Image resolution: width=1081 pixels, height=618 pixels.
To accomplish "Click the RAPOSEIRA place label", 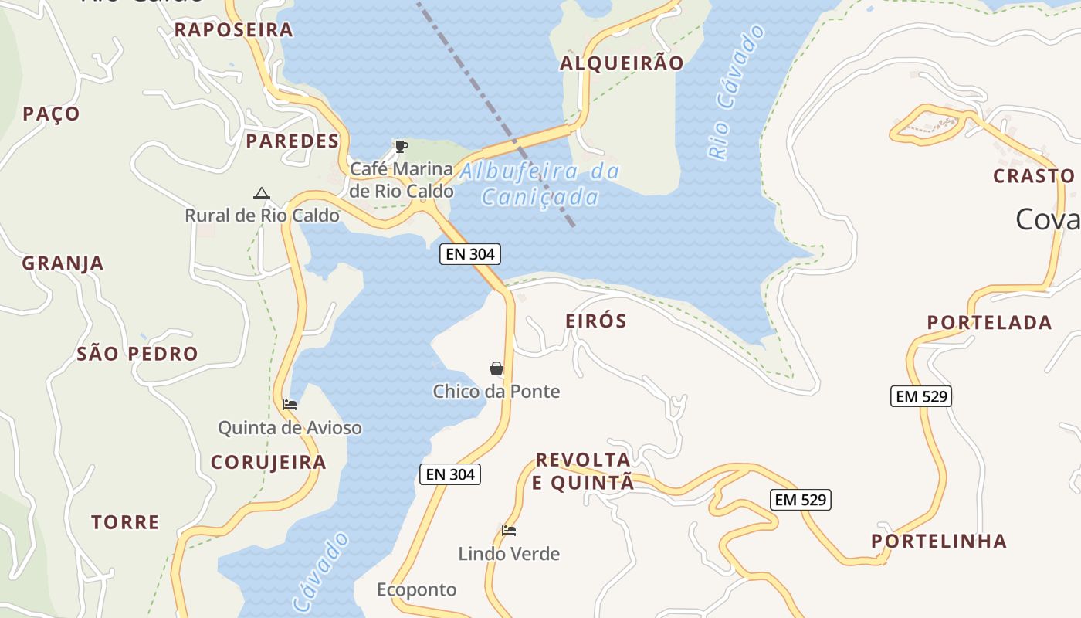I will [233, 30].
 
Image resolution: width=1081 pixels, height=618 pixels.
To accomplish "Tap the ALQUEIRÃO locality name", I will [622, 63].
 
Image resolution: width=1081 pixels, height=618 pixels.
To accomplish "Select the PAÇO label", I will [51, 114].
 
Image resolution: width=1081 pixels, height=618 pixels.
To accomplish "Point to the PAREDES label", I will [293, 141].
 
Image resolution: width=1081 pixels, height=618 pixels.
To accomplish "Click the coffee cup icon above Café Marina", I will [401, 146].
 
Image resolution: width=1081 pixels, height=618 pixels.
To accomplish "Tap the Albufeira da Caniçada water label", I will [540, 184].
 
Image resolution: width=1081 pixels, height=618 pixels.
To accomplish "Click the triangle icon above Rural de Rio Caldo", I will [261, 193].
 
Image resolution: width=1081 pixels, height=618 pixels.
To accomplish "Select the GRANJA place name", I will [63, 263].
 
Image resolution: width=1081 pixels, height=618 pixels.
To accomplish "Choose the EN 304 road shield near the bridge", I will [470, 253].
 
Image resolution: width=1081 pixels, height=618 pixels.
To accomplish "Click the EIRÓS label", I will [596, 321].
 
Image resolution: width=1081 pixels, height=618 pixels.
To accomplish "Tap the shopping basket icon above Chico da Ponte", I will [496, 368].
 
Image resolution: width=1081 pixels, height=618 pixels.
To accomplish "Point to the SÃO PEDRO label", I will [137, 355].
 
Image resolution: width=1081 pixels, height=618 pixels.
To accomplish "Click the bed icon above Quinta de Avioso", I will [290, 404].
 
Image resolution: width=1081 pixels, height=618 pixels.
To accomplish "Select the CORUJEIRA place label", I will [269, 463].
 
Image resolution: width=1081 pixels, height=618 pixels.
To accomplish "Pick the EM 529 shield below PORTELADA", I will [921, 396].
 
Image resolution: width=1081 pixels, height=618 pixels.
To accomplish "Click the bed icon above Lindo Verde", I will [509, 531].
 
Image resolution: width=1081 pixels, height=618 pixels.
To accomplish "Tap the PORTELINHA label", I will [939, 542].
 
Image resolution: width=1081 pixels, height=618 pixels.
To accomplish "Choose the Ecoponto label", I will [417, 590].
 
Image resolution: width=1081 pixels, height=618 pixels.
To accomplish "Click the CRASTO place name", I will [1034, 176].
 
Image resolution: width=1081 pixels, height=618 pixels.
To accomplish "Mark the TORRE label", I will [125, 523].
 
